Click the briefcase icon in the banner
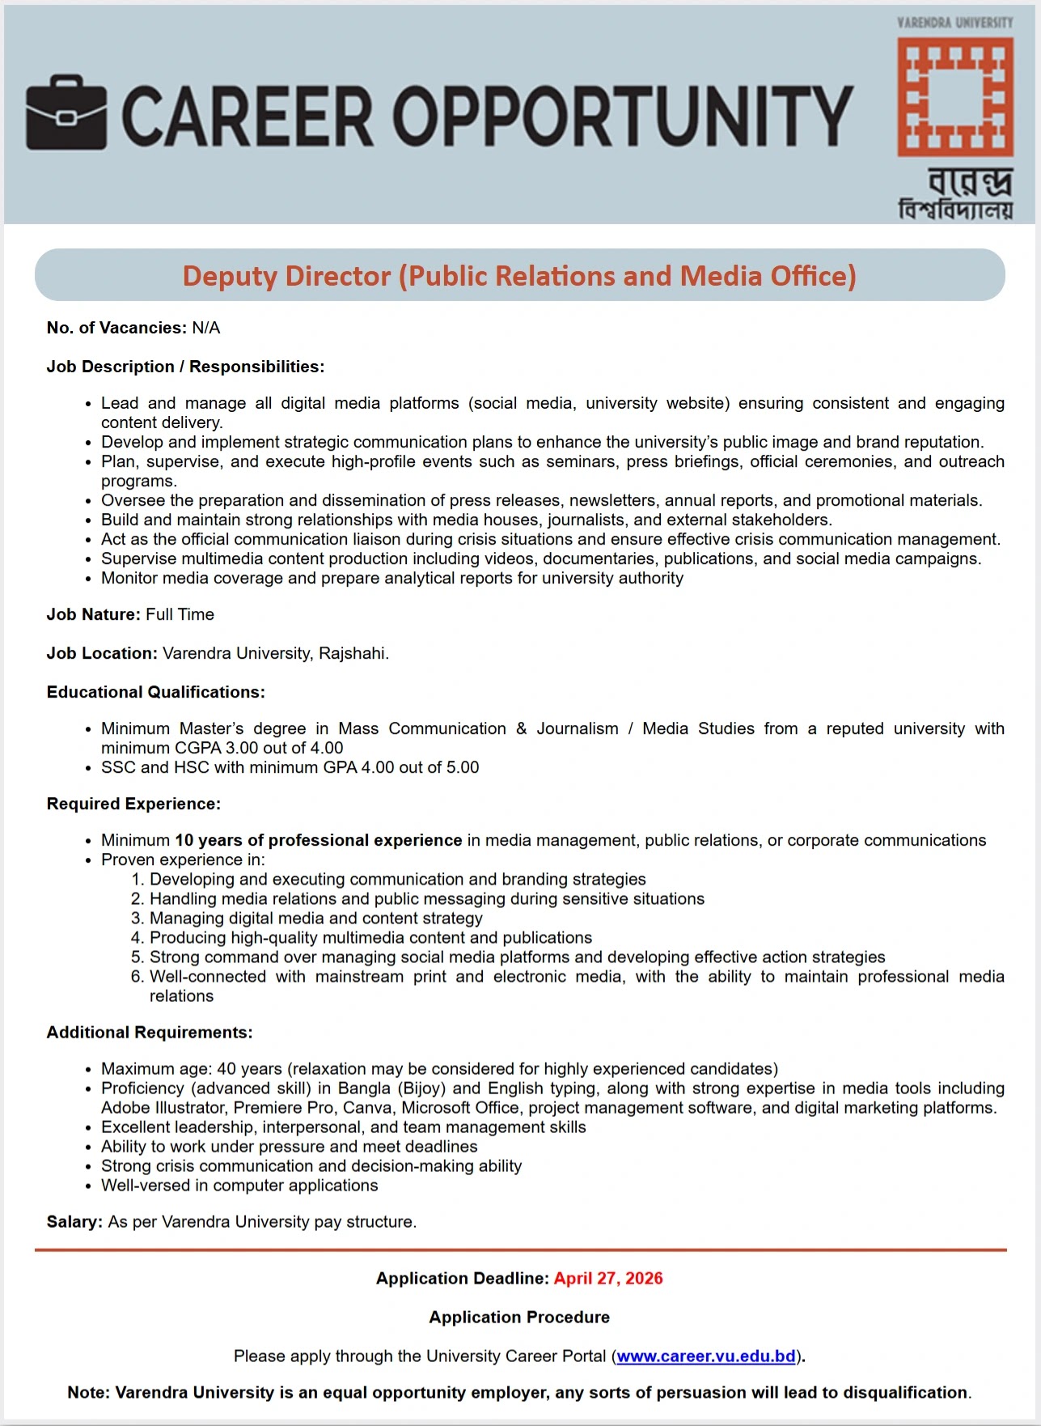pos(66,112)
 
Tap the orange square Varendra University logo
pos(955,96)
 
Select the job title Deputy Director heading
pos(519,276)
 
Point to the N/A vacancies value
pos(206,328)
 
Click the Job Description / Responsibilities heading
pos(185,367)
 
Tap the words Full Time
pos(180,614)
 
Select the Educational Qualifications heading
pos(155,692)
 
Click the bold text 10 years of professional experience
pos(319,840)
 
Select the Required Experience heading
pos(133,804)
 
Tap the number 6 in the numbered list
pos(137,977)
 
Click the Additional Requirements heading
pos(150,1032)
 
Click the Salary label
pos(74,1221)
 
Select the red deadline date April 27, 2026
pos(608,1278)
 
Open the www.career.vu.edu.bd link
pos(706,1356)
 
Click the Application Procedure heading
pos(519,1317)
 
